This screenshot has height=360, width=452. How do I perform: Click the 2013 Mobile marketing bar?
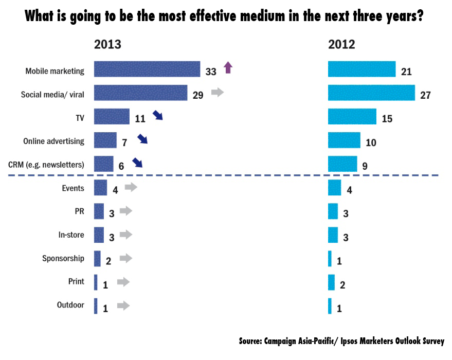[x=147, y=69]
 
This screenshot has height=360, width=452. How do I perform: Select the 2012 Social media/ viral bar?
[x=371, y=93]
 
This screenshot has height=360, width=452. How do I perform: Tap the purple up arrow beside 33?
[x=228, y=67]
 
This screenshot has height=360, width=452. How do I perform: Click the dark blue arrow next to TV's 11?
[x=157, y=115]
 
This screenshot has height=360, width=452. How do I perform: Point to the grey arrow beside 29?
[x=218, y=93]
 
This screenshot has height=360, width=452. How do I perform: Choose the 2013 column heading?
[x=107, y=44]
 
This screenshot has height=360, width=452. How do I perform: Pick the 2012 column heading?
[x=341, y=44]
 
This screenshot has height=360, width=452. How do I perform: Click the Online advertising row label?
[x=54, y=141]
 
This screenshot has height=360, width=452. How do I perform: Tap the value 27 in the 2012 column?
[x=425, y=95]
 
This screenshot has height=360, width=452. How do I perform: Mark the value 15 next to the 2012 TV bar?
[x=387, y=119]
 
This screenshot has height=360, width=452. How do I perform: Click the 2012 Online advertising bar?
[x=344, y=140]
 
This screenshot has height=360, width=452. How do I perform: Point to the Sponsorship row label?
[x=63, y=258]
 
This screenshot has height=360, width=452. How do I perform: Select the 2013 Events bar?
[x=100, y=188]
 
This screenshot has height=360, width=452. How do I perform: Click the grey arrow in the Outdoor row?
[x=123, y=305]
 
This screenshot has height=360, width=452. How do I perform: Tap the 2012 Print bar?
[x=331, y=282]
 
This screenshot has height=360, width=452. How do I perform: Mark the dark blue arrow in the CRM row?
[x=137, y=163]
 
